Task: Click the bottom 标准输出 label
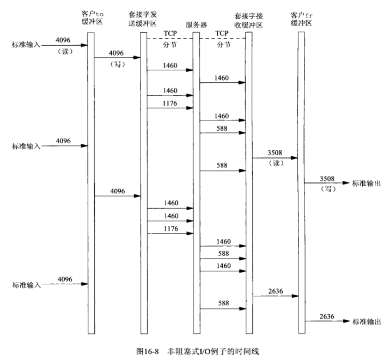[x=367, y=321]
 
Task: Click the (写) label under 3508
[x=326, y=188]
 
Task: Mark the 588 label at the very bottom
[x=222, y=303]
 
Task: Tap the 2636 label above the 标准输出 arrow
[x=326, y=316]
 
